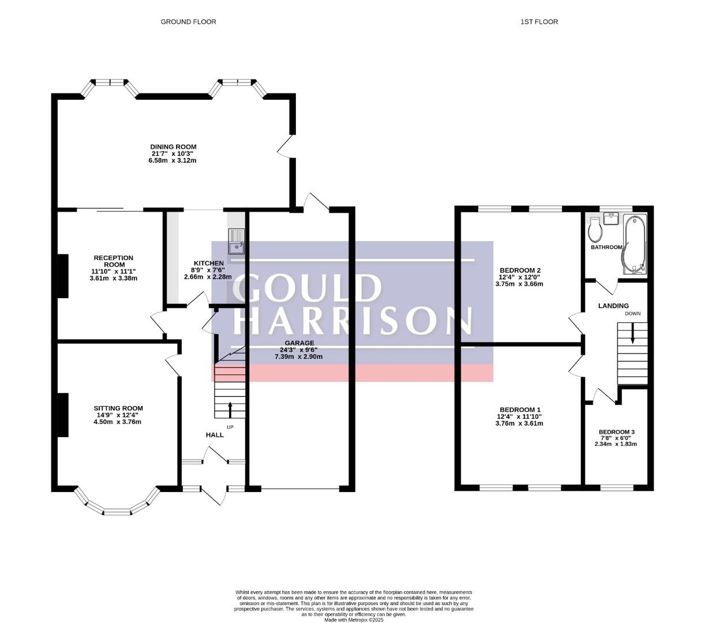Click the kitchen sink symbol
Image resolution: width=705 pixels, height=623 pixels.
pyautogui.click(x=237, y=241)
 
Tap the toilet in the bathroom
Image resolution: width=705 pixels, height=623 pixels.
pyautogui.click(x=595, y=230)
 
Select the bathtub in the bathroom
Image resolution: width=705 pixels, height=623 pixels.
pyautogui.click(x=634, y=244)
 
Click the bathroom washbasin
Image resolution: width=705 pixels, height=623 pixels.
pyautogui.click(x=611, y=219)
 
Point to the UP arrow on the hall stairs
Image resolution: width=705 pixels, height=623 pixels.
pyautogui.click(x=230, y=410)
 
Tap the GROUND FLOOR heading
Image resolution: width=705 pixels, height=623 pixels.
pyautogui.click(x=188, y=22)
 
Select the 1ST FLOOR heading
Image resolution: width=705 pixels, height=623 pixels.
pyautogui.click(x=539, y=22)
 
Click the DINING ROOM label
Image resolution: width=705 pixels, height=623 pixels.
pyautogui.click(x=173, y=147)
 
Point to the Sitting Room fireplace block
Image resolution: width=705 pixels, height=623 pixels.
pyautogui.click(x=63, y=415)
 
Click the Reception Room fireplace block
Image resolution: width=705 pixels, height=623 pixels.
pyautogui.click(x=63, y=276)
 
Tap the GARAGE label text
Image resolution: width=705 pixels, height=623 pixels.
pyautogui.click(x=299, y=343)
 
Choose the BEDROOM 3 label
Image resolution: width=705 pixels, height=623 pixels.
pyautogui.click(x=616, y=432)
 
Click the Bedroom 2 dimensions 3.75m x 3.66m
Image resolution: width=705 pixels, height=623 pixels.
pyautogui.click(x=519, y=284)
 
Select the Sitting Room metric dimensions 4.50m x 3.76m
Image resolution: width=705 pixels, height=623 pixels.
pyautogui.click(x=118, y=422)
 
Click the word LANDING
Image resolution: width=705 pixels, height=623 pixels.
pyautogui.click(x=613, y=306)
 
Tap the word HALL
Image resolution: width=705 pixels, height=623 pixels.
pyautogui.click(x=215, y=435)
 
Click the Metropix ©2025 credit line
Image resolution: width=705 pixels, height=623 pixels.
pyautogui.click(x=354, y=620)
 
